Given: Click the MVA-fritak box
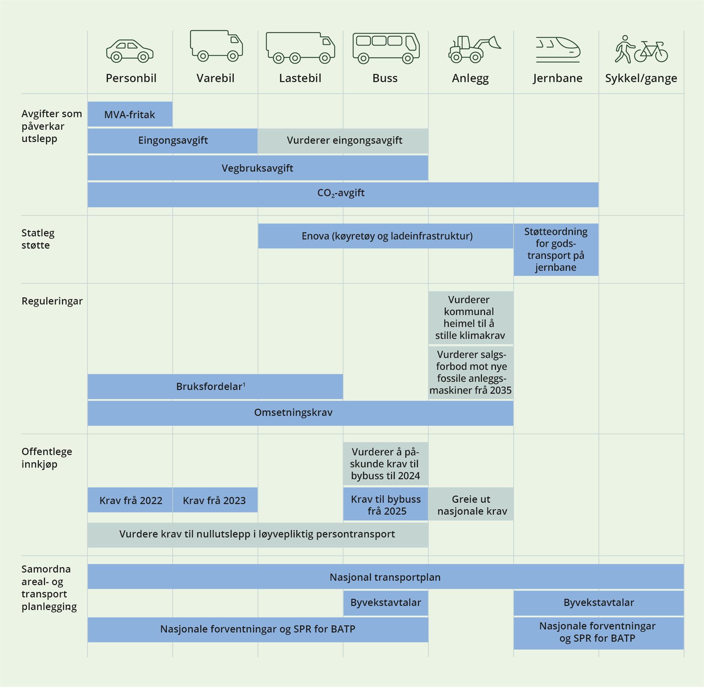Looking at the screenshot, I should [x=129, y=115].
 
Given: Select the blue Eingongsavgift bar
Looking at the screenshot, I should [x=172, y=140].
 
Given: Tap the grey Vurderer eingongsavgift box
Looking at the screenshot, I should [x=344, y=140].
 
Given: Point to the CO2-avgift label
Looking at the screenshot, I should [x=341, y=193].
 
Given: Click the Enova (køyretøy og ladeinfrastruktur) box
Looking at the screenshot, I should [x=386, y=236].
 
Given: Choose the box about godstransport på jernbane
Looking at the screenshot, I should [x=556, y=250].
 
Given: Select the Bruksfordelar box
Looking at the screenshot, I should [x=211, y=387].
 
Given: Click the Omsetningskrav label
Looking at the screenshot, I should [x=293, y=413].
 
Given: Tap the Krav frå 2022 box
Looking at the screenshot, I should [x=130, y=500].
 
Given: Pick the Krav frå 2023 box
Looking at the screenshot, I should [x=215, y=500].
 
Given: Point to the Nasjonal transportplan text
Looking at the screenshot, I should [x=385, y=577].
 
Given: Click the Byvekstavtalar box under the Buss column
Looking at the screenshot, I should [x=386, y=602].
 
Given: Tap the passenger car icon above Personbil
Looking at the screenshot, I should [x=130, y=51].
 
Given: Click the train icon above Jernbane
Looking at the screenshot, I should [x=557, y=50].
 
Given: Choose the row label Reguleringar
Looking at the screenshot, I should [x=52, y=301].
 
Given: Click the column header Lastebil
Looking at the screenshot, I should [x=300, y=78].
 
